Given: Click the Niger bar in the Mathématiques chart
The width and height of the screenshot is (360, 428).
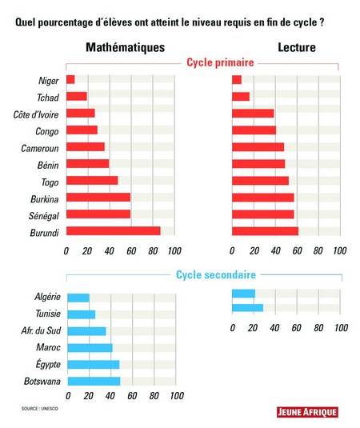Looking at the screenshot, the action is [70, 80].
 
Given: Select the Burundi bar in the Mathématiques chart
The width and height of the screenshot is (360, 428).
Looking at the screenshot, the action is [114, 231].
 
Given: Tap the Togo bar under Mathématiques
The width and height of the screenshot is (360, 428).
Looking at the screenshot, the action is [92, 181].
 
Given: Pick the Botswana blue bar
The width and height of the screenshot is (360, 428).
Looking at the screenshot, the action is [94, 381].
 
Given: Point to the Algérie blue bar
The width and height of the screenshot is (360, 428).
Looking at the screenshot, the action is [78, 298].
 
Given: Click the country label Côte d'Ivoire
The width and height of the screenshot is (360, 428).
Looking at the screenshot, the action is [36, 114].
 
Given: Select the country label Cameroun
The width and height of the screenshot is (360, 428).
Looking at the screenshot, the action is [40, 148].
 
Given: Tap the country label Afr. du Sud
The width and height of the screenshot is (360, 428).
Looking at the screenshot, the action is [41, 330].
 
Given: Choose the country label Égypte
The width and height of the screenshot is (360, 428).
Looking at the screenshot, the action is [48, 364].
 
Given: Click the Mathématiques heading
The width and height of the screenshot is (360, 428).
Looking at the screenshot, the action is [126, 47].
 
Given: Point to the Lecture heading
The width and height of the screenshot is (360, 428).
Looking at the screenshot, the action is [297, 47].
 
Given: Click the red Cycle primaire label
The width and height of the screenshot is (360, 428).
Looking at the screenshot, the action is [220, 62].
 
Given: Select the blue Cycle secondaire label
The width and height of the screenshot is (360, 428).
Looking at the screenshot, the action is [216, 274].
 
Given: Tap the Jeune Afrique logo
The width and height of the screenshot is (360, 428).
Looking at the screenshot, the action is [307, 412].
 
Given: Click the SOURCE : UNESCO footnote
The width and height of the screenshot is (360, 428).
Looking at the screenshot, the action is [40, 409].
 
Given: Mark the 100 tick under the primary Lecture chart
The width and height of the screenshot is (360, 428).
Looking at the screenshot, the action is [340, 250].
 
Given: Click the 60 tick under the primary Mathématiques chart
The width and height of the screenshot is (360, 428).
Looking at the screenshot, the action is [131, 251].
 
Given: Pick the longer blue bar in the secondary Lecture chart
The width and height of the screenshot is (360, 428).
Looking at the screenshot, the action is [247, 308].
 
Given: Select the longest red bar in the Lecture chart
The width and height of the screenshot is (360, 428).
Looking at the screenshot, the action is [266, 231].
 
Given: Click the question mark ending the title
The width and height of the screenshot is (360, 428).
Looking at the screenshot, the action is [322, 22].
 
